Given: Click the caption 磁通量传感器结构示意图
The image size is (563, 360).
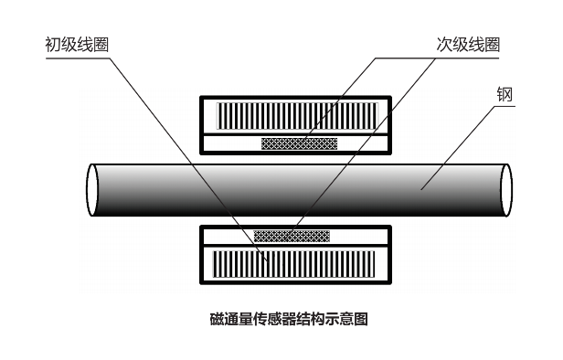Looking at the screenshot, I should (x=288, y=319).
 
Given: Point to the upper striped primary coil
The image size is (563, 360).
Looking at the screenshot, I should (x=295, y=115).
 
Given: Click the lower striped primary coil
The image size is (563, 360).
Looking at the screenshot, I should (x=295, y=264).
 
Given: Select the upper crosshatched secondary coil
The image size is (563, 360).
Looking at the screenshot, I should (x=299, y=143).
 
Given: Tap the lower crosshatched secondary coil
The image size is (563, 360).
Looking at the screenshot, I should (x=292, y=235).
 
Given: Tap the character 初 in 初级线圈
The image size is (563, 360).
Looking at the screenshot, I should (x=52, y=44).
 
